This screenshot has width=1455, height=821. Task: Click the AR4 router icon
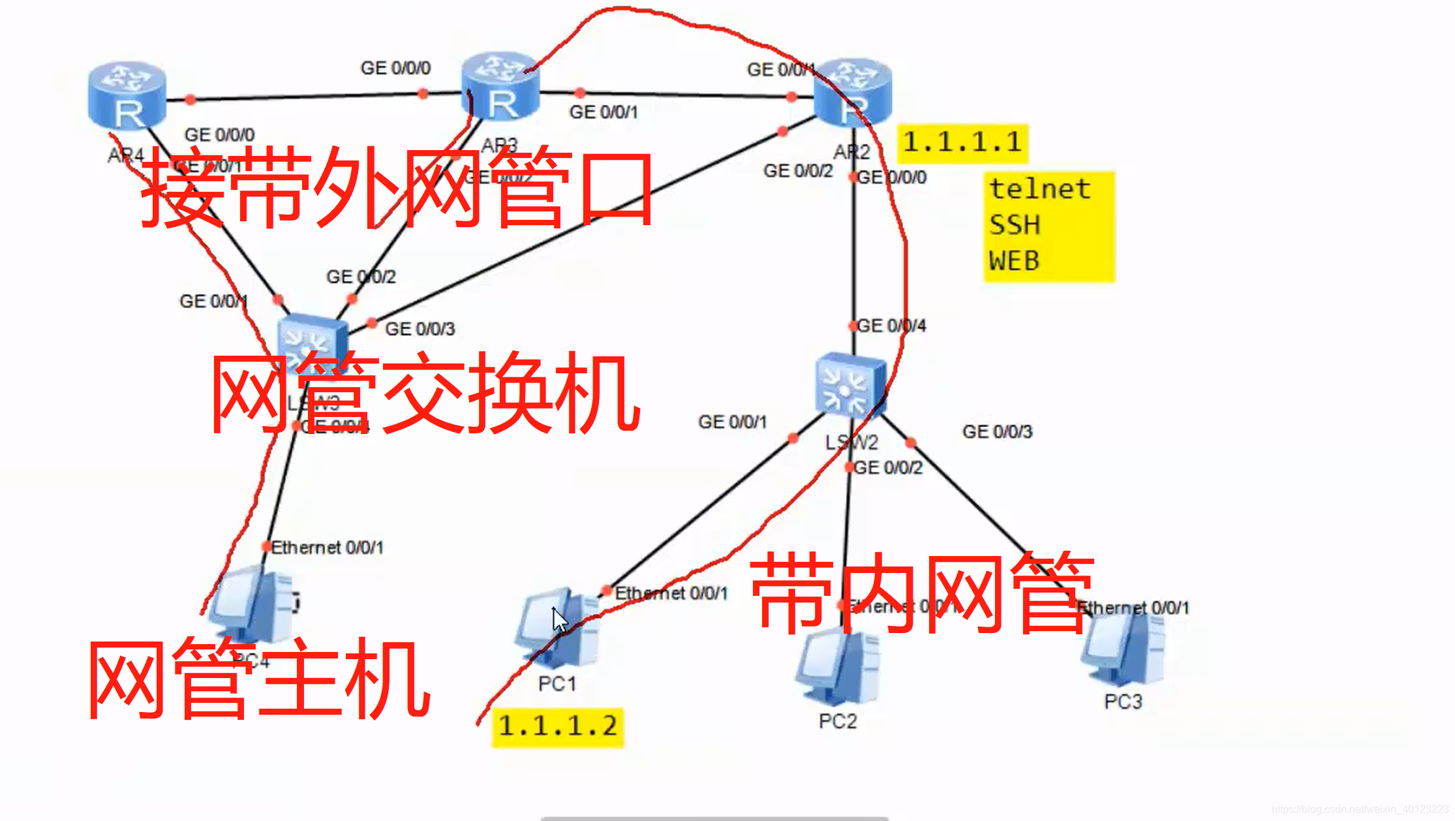coord(127,96)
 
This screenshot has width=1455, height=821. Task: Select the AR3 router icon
coord(500,87)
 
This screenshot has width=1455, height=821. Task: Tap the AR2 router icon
coord(852,92)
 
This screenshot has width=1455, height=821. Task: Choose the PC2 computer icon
coord(838,666)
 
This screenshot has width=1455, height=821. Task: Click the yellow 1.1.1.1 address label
coord(962,143)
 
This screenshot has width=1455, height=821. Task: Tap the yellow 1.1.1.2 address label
coord(558,726)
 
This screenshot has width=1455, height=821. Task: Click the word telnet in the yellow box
coord(1039,189)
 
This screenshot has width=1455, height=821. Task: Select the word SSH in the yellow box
coord(1015,225)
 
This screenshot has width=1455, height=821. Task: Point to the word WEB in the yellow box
coord(1014,261)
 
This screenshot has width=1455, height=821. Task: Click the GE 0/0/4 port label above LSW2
coord(891,325)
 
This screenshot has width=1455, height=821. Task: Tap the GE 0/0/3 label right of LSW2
coord(997,431)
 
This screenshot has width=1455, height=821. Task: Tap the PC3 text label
coord(1123,702)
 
